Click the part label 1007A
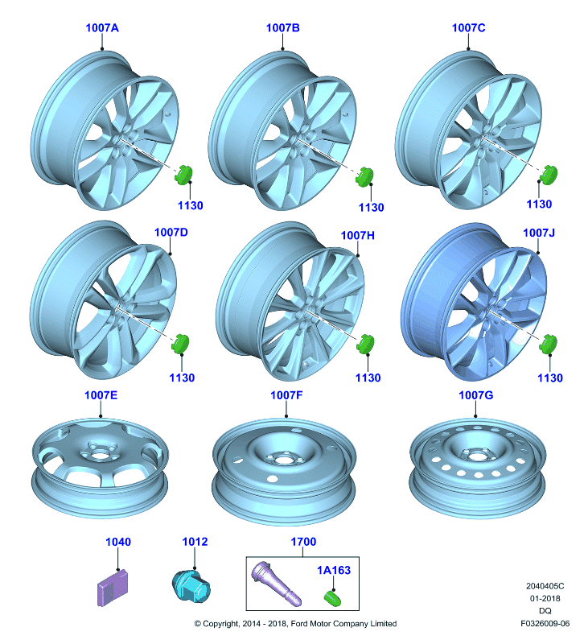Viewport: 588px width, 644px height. point(102,28)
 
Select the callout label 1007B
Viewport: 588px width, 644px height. point(282,28)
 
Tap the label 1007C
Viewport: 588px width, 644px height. point(469,28)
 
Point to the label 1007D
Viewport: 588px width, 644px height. point(171,233)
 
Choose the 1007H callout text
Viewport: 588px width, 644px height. point(358,235)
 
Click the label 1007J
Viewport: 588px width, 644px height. point(539,233)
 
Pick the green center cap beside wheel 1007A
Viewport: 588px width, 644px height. point(183,175)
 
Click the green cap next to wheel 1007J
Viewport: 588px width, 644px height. point(549,344)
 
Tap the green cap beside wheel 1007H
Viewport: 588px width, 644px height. point(366,344)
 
